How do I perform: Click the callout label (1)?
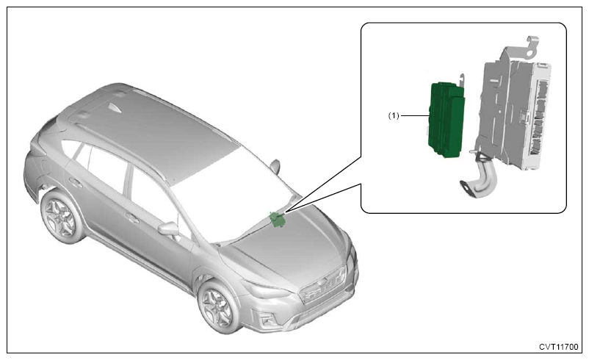[394, 116]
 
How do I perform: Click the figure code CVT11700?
[559, 347]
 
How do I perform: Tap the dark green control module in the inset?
[447, 120]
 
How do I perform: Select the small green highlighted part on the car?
[278, 220]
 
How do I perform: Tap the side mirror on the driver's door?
[169, 228]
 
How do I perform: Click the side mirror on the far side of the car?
[275, 166]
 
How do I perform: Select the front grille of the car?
[324, 284]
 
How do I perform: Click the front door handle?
[132, 217]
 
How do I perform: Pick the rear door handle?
[76, 183]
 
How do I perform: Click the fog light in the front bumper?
[268, 320]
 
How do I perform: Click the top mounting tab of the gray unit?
[533, 45]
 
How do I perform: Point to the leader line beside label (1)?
[415, 116]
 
